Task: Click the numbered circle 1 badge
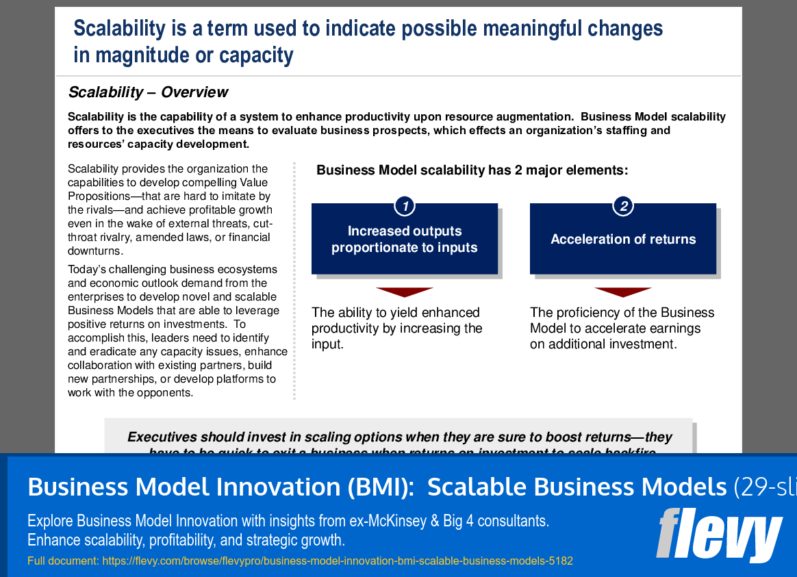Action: [x=405, y=205]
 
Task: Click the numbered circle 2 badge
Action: [x=622, y=205]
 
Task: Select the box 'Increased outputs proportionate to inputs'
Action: [x=404, y=240]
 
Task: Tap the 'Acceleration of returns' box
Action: [x=622, y=240]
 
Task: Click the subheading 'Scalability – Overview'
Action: [x=148, y=92]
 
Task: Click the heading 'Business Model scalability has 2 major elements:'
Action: [x=472, y=170]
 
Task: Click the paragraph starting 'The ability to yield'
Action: [x=396, y=329]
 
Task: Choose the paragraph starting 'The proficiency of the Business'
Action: [x=622, y=329]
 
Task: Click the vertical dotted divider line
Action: [x=294, y=281]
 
